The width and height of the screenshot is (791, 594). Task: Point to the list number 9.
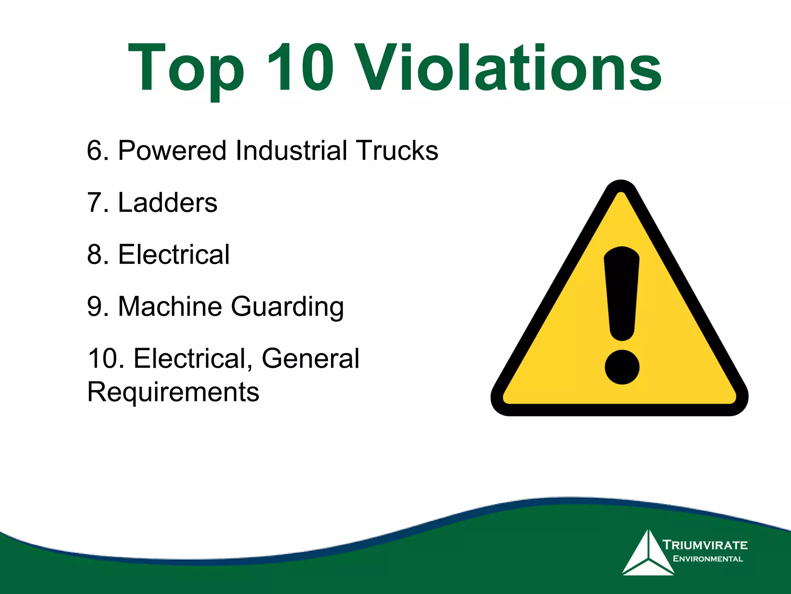[x=95, y=306]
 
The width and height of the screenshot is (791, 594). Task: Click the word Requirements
[x=173, y=392]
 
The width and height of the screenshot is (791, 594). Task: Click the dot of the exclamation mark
[x=622, y=367]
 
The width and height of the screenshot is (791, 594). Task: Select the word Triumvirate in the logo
[x=705, y=545]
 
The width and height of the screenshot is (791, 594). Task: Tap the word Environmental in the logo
[x=708, y=559]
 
